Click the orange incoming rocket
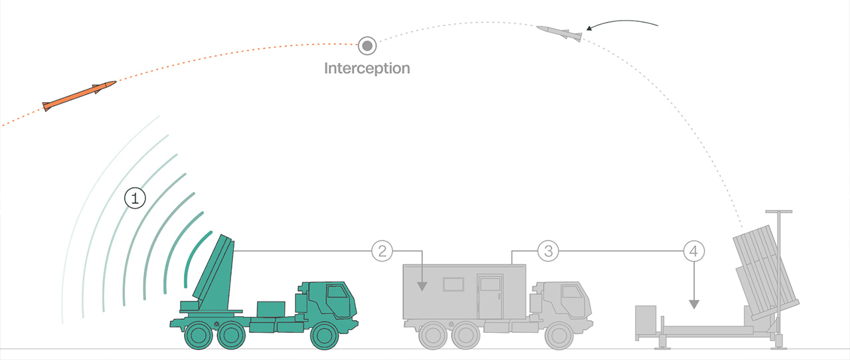79,95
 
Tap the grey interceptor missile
559,33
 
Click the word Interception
367,68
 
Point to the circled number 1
135,198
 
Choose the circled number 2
382,251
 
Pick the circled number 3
548,251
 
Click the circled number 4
694,251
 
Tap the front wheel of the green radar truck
327,335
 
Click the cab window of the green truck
337,292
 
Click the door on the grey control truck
490,296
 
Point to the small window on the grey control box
454,284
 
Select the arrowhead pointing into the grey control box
421,287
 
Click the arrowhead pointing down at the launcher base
694,304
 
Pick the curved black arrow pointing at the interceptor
621,25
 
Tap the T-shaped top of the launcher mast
779,212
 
